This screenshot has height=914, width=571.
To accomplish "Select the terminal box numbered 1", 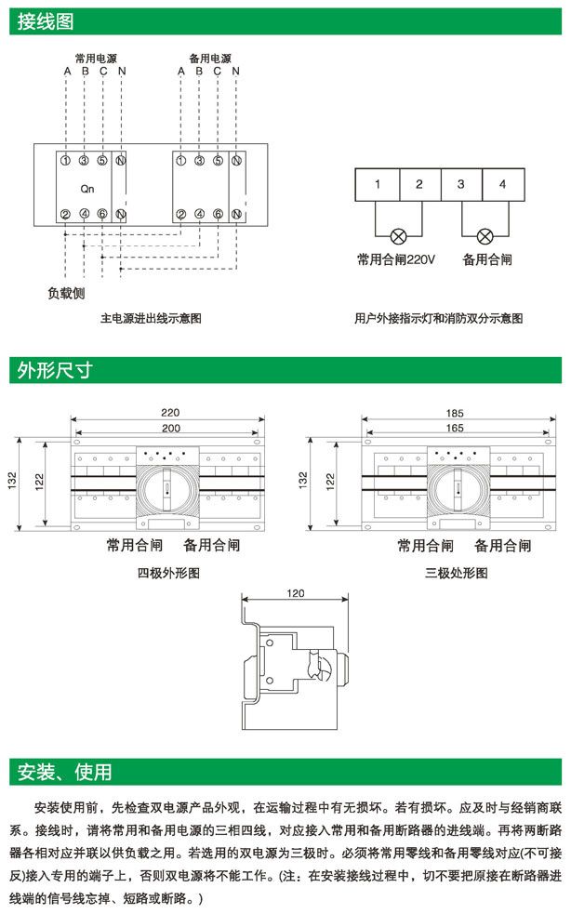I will point(378,184).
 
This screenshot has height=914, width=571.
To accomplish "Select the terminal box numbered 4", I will point(502,184).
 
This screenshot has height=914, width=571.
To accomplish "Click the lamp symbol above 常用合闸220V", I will point(398,235).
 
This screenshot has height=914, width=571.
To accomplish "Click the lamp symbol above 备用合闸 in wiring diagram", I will point(485,235).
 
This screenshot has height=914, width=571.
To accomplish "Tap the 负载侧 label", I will point(67,294).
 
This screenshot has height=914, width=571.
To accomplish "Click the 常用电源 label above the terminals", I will point(96,58).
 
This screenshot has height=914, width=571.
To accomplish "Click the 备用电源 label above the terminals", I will point(209,58).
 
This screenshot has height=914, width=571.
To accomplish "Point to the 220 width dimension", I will point(169,412).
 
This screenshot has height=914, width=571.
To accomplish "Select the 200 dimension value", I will point(169,428).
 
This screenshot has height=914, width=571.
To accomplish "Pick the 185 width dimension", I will point(455,412).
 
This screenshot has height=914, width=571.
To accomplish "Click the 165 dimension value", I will point(455,428).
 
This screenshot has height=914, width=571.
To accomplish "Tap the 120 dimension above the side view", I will point(296,592).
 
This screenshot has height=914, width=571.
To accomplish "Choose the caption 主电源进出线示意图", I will point(151,318).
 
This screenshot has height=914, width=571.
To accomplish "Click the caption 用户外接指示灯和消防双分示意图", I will point(439,318).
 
